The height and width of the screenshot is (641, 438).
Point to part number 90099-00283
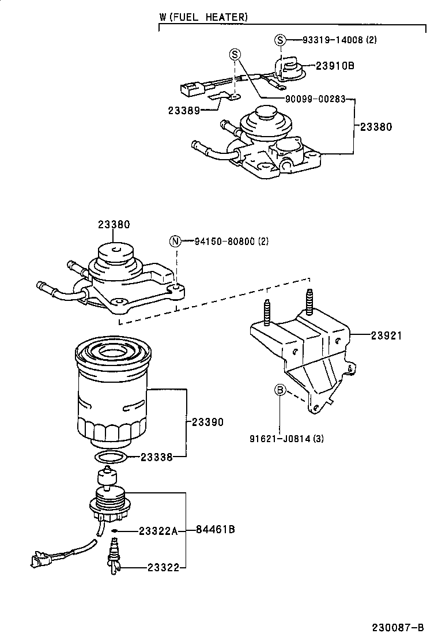[315, 99]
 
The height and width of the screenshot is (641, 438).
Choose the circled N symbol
[175, 241]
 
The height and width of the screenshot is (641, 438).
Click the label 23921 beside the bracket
[386, 335]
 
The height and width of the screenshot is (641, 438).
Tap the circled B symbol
[280, 391]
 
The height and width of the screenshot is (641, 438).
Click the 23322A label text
[158, 530]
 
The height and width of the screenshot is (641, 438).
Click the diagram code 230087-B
[397, 627]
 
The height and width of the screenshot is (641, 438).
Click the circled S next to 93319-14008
[280, 40]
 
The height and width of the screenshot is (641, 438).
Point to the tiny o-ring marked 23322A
[115, 530]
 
